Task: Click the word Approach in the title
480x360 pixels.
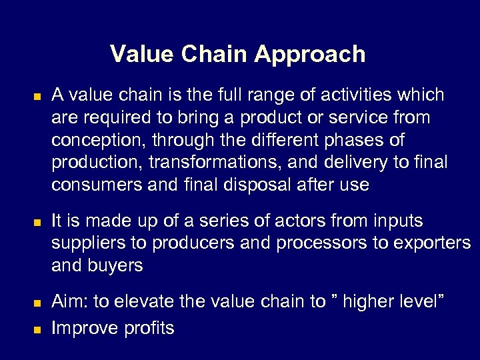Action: [x=310, y=55]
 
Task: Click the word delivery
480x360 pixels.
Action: [x=355, y=163]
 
